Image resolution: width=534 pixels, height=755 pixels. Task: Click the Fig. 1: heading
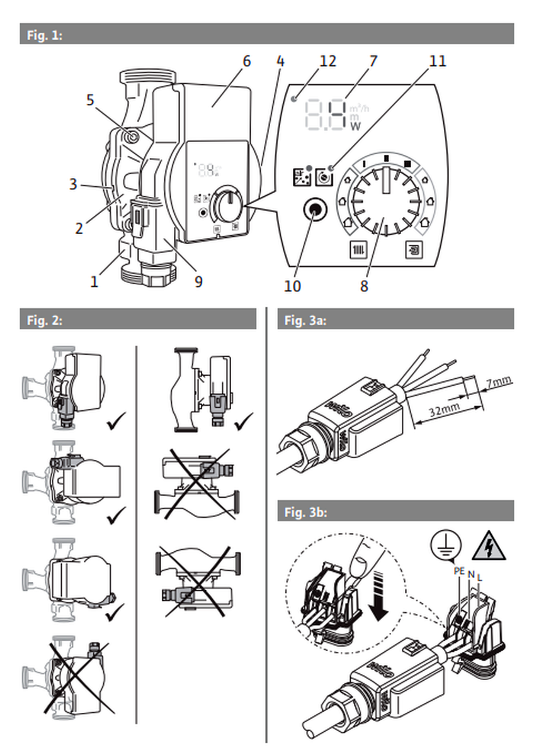click(x=45, y=35)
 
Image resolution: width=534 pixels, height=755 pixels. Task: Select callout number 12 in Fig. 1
click(x=327, y=62)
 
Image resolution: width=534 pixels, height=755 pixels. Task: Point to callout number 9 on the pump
click(x=198, y=281)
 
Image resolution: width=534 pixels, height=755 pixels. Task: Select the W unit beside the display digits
click(x=355, y=125)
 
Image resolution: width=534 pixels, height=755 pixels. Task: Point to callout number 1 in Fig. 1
click(x=94, y=281)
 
